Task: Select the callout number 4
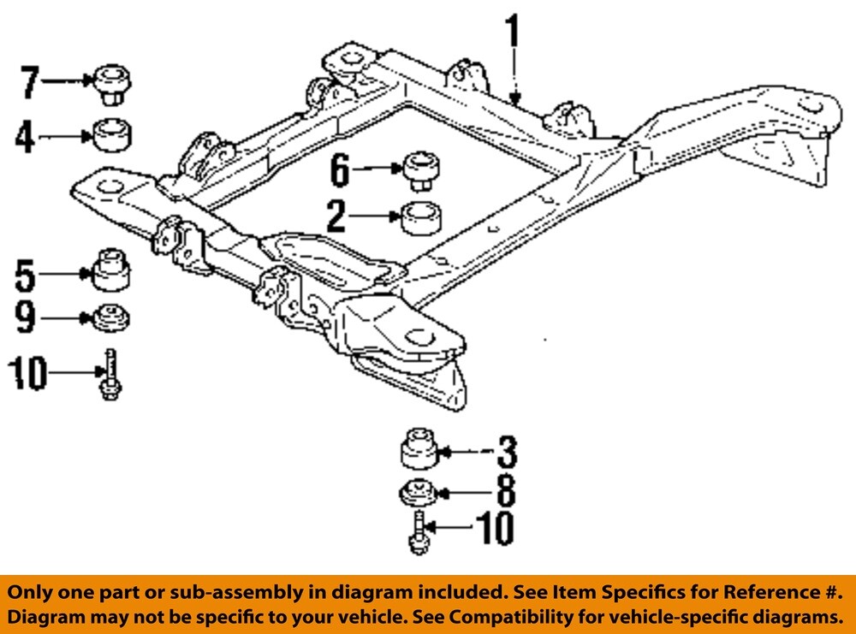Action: point(25,136)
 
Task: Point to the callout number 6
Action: point(340,170)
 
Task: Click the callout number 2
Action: point(336,218)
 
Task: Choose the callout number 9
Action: point(25,319)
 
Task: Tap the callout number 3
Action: point(507,452)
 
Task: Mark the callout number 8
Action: point(506,492)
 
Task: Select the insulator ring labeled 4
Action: point(112,135)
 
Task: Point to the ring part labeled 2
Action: point(420,217)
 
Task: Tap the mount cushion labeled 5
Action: point(111,271)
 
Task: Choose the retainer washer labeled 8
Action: point(419,494)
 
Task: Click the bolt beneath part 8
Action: point(418,532)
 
